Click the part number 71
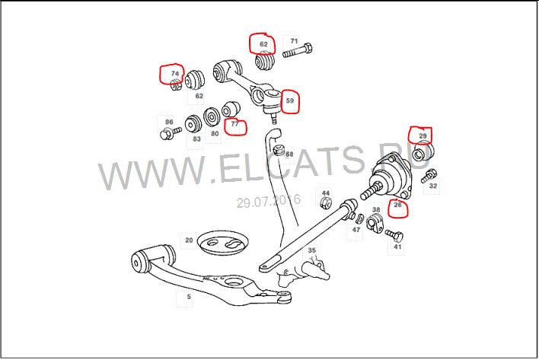tap(294, 41)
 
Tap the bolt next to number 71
tap(298, 50)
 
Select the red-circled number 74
tap(175, 74)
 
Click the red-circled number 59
tap(290, 100)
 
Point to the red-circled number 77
tap(234, 123)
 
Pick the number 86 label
tap(169, 122)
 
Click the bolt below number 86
tap(171, 133)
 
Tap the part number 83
tap(196, 139)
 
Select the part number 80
tap(215, 133)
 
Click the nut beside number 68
tap(278, 150)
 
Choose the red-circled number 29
tap(423, 136)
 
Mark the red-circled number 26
tap(397, 205)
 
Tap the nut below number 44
tap(325, 203)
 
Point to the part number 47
tap(356, 229)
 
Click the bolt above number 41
tap(394, 236)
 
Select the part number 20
tap(189, 240)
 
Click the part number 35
tap(312, 250)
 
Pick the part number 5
tap(189, 297)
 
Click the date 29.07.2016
tap(269, 201)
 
